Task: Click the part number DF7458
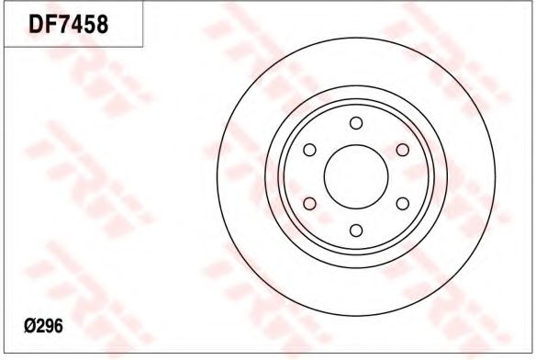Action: (x=68, y=24)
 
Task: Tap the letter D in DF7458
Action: (x=36, y=24)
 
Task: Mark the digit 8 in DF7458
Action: (x=102, y=24)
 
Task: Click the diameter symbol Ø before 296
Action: (x=29, y=326)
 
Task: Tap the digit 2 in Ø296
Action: (x=40, y=326)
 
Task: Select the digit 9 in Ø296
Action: (x=50, y=326)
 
